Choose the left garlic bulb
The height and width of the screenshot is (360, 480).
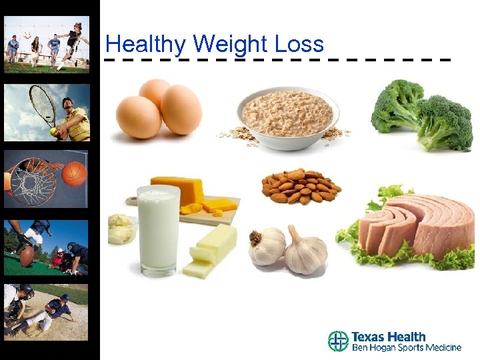click(267, 246)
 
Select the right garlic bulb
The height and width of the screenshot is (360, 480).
click(305, 251)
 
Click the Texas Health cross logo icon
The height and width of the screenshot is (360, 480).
click(338, 341)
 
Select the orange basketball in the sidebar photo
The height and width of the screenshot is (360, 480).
click(74, 173)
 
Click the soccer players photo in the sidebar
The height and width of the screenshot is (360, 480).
click(46, 43)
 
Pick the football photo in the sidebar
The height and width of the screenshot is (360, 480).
click(46, 247)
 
